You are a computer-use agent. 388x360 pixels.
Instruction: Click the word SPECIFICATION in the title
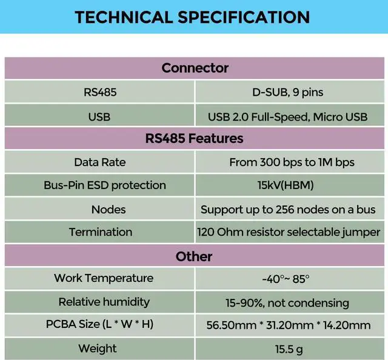coord(244,17)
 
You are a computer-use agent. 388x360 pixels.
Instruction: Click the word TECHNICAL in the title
coord(124,17)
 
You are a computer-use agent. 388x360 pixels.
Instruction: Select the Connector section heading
coord(195,68)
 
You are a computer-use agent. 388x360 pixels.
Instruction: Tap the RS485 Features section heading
coord(194,138)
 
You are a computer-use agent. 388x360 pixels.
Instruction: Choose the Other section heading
coord(194,256)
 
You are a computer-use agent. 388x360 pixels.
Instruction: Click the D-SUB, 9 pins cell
coord(287,92)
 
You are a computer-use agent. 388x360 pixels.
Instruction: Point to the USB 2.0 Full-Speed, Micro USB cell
coord(287,117)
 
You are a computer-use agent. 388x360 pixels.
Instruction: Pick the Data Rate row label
coord(99,162)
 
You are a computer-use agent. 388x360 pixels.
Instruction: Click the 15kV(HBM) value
coord(286,185)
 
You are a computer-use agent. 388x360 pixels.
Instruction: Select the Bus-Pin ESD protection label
coord(105,185)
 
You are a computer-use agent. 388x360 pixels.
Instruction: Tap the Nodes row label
coord(109,210)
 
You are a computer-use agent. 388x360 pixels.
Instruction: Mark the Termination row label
coord(101,232)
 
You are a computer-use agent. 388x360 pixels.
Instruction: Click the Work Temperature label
coord(104,278)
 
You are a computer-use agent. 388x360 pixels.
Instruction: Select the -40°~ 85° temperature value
coord(286,279)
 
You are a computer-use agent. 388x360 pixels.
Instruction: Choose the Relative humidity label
coord(104,302)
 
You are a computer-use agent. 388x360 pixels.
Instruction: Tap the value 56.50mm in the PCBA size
coord(232,325)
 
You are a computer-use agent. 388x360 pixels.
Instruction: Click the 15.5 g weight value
coord(289,349)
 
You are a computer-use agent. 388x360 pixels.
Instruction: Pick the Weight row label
coord(98,348)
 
